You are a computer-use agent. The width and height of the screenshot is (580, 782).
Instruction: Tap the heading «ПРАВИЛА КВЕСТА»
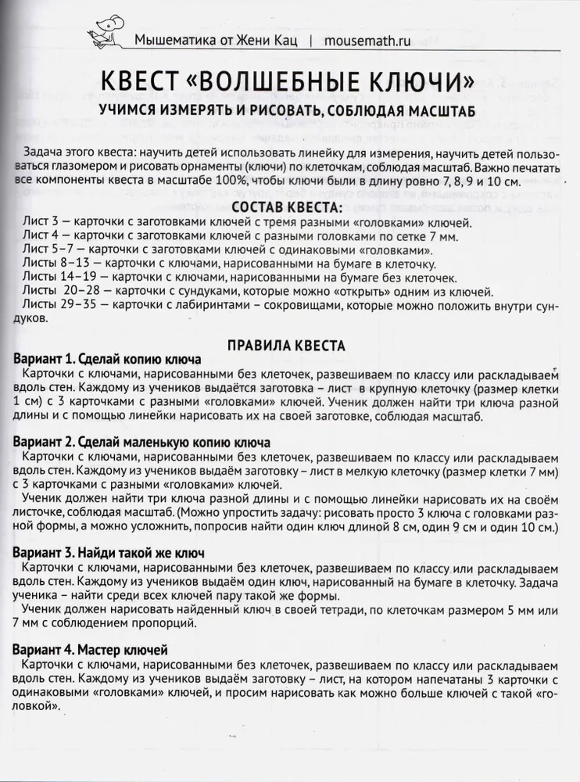[288, 345]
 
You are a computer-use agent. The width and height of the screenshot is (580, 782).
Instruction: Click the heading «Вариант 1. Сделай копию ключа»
[108, 359]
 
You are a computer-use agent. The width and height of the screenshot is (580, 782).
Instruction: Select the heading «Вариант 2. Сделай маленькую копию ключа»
[142, 441]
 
